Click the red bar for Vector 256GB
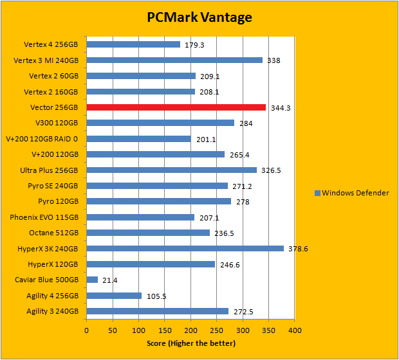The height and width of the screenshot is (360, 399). (176, 107)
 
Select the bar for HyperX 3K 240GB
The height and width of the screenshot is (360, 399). (185, 248)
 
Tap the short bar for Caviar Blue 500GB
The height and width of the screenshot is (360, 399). (92, 280)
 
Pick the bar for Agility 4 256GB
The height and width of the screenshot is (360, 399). (114, 296)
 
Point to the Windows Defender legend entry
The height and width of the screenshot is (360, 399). (351, 193)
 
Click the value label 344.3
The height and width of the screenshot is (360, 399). (280, 108)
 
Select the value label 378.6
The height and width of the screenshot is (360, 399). (297, 249)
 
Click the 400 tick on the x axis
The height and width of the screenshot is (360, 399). (295, 331)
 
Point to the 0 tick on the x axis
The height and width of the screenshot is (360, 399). (86, 331)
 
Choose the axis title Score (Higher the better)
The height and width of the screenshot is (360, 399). (190, 343)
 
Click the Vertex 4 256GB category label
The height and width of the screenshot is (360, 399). (51, 44)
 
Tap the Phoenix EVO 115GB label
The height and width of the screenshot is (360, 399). (44, 217)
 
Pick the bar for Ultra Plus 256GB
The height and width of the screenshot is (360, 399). (171, 170)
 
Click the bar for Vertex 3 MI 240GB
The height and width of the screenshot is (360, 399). (174, 60)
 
